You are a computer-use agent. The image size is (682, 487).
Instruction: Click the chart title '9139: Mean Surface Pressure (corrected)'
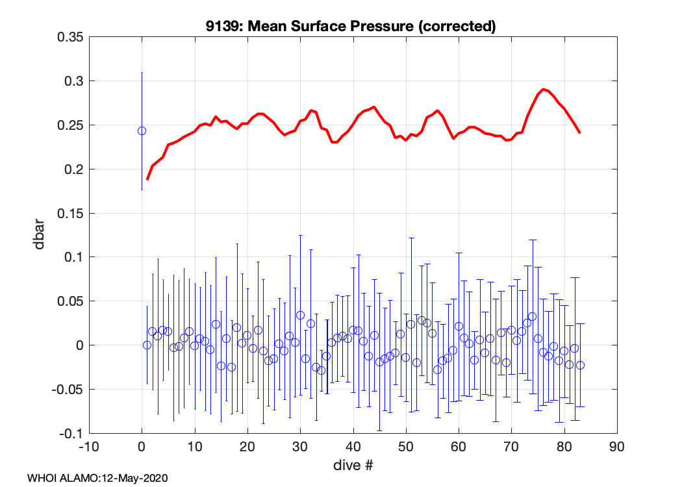click(x=351, y=27)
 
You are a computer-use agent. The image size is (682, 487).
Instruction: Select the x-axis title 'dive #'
click(x=353, y=465)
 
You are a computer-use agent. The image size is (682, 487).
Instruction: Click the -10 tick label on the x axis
click(x=89, y=447)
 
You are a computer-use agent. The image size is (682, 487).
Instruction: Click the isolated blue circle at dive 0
click(x=142, y=131)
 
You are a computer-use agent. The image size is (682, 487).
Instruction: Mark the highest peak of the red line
click(x=544, y=89)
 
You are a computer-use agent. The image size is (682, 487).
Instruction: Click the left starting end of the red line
click(x=147, y=179)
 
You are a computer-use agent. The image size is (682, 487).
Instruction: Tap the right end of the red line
click(x=579, y=132)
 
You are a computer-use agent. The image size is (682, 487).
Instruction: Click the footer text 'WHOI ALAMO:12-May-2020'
click(x=98, y=478)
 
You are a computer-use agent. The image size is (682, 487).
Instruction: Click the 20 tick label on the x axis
click(x=247, y=447)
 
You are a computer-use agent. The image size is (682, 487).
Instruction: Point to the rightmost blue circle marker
click(x=580, y=365)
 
